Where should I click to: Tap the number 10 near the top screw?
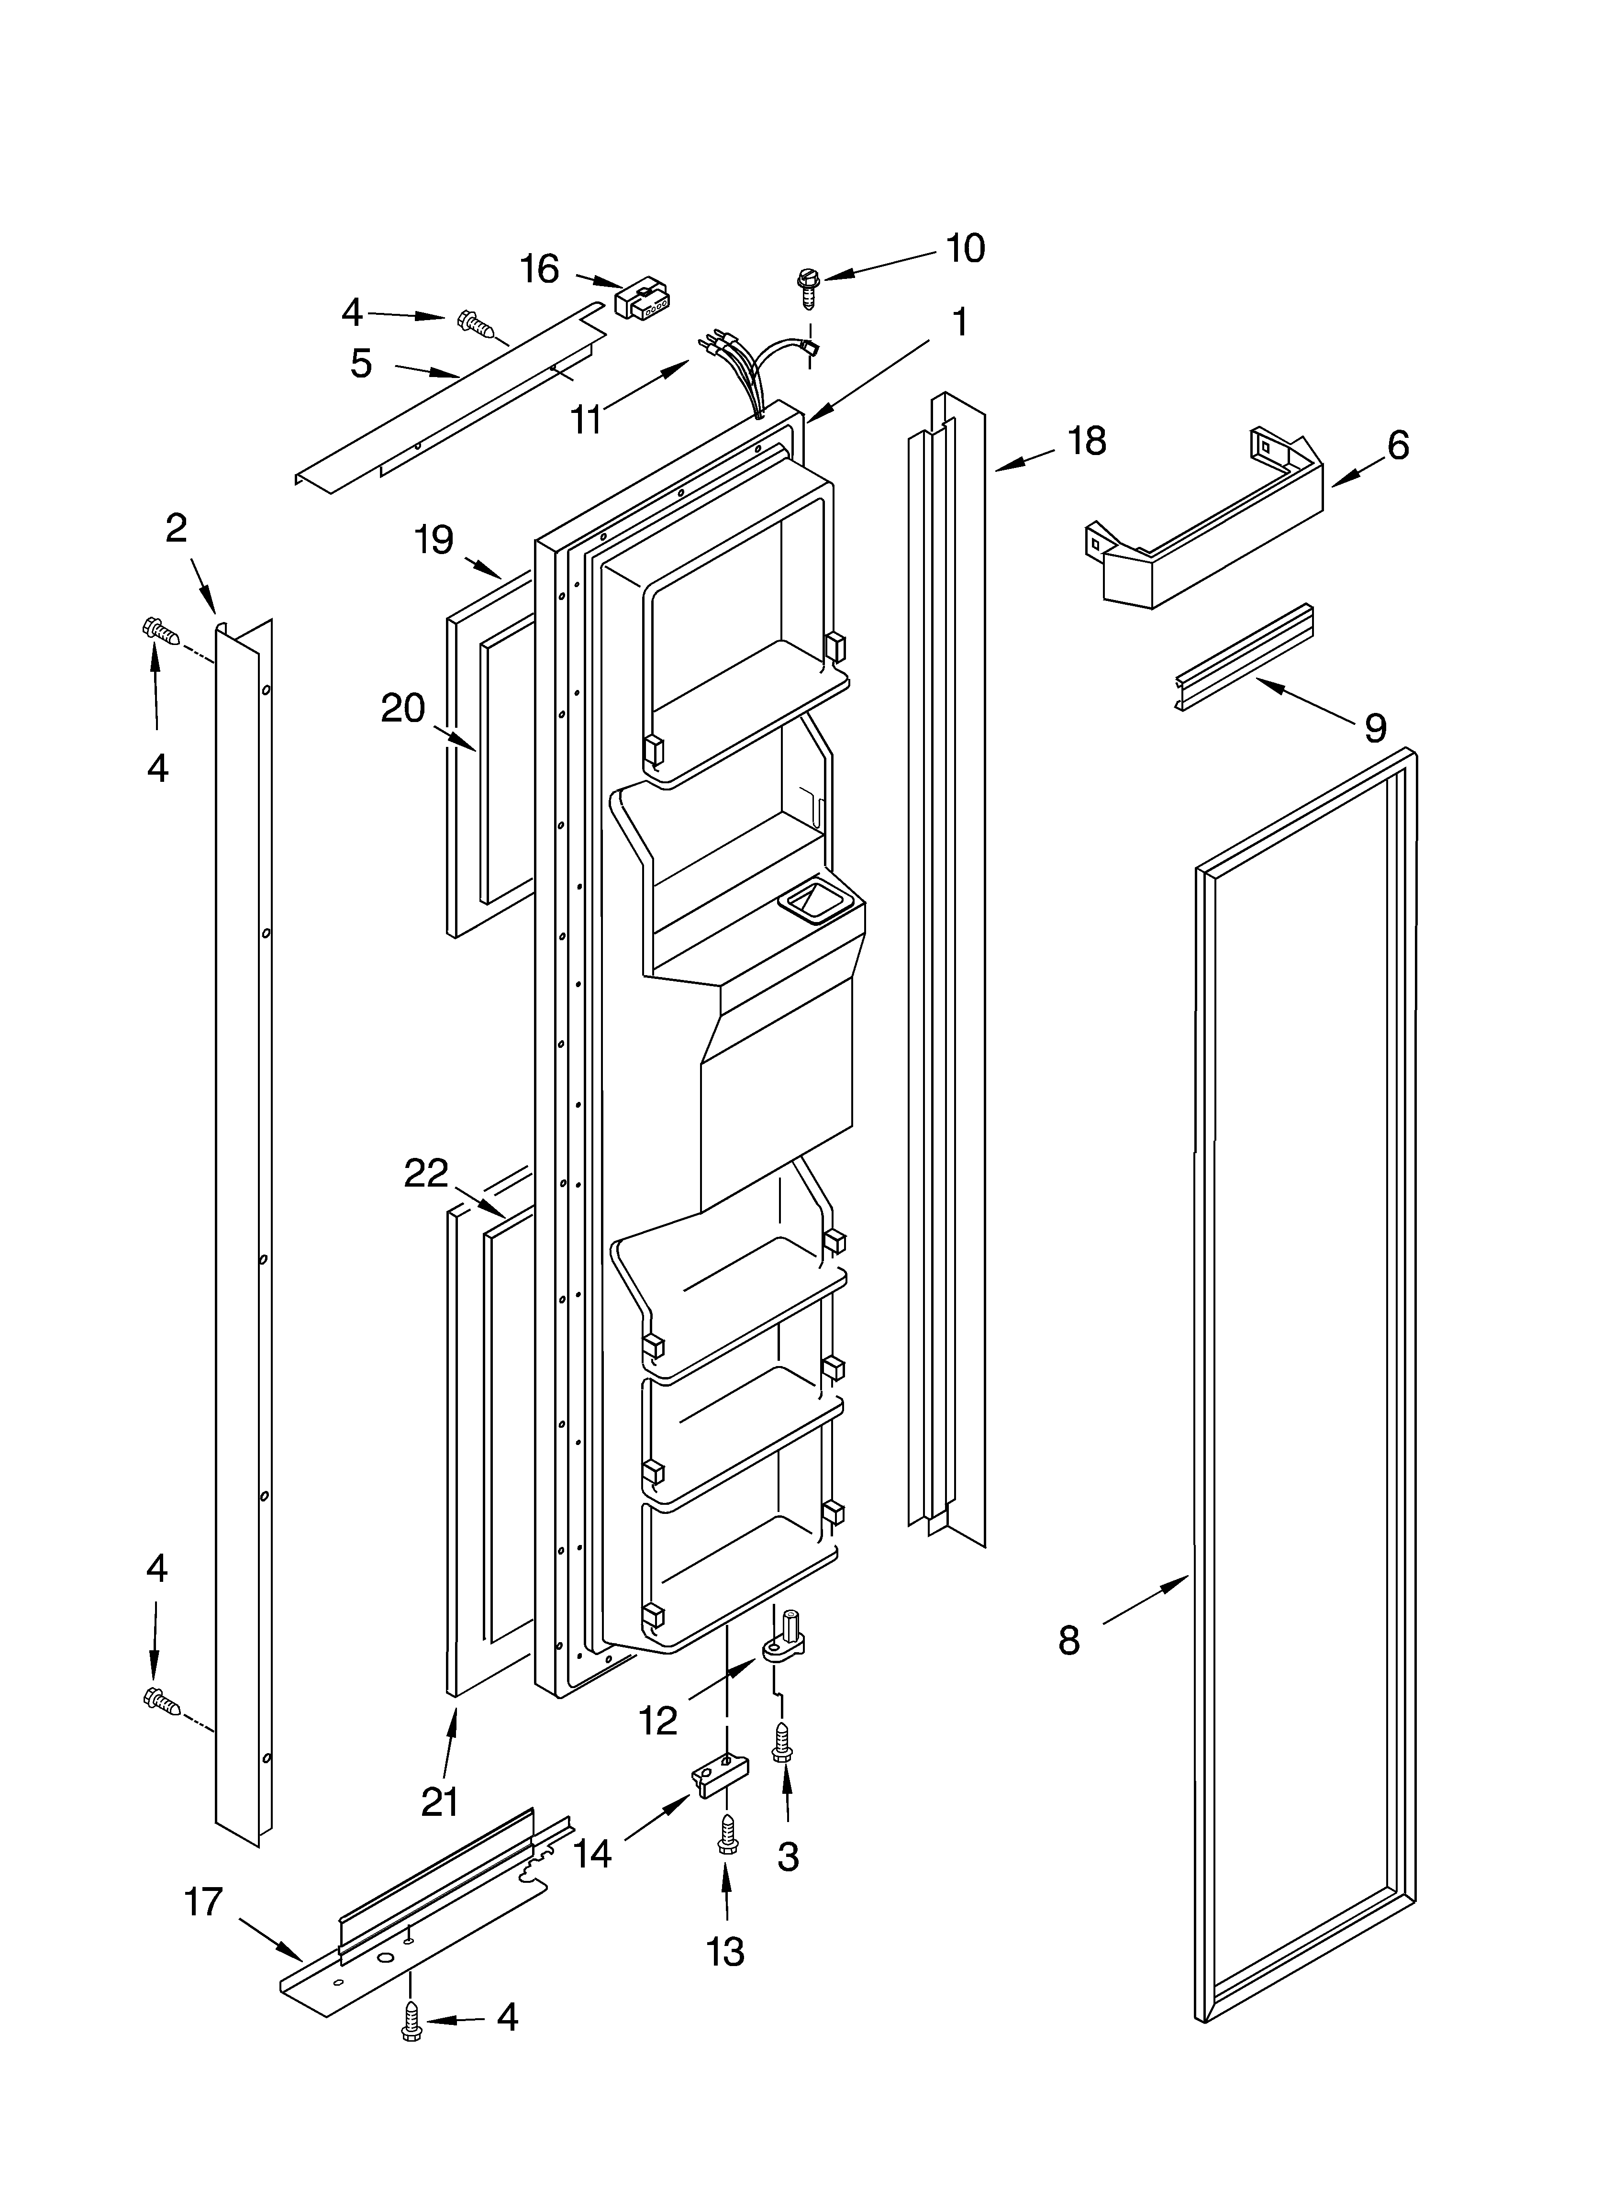pos(965,249)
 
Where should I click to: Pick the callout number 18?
pos(1086,441)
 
